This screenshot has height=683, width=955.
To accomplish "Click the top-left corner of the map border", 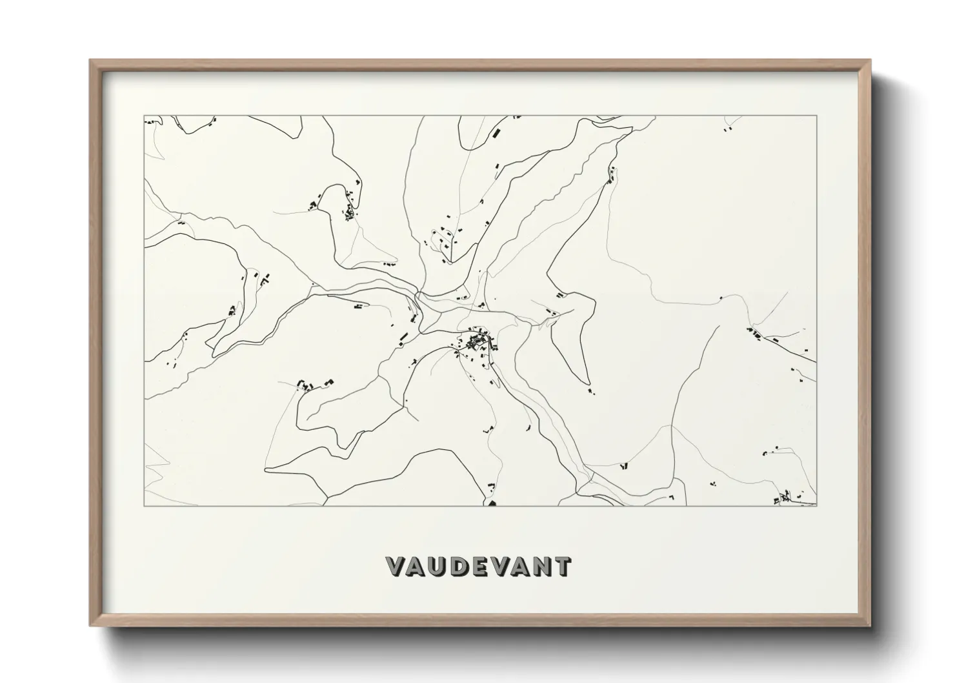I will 145,116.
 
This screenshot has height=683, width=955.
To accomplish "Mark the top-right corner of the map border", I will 816,116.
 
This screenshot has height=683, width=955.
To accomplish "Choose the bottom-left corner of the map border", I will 145,505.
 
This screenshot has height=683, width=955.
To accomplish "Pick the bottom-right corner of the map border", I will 816,505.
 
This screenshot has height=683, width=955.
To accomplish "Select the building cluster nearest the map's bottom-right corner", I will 782,498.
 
